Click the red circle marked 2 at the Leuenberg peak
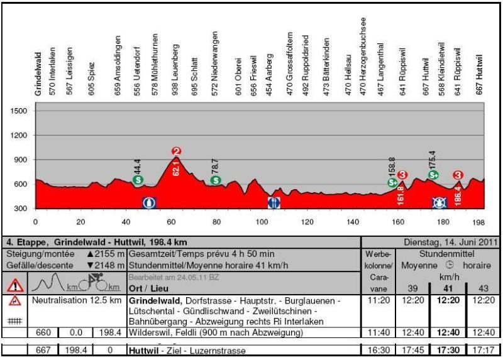176,151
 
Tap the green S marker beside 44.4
138,180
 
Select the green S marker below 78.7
216,180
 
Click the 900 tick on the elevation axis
21,160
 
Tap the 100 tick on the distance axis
261,222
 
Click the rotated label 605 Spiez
92,78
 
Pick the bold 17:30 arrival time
449,350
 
